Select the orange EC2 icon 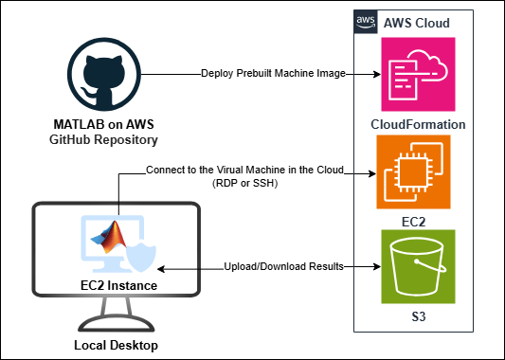412,171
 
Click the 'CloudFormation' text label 418,124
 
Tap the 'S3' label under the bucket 413,315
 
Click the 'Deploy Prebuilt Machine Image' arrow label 271,74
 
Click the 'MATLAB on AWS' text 104,126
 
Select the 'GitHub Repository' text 104,140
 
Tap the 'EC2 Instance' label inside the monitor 117,284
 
